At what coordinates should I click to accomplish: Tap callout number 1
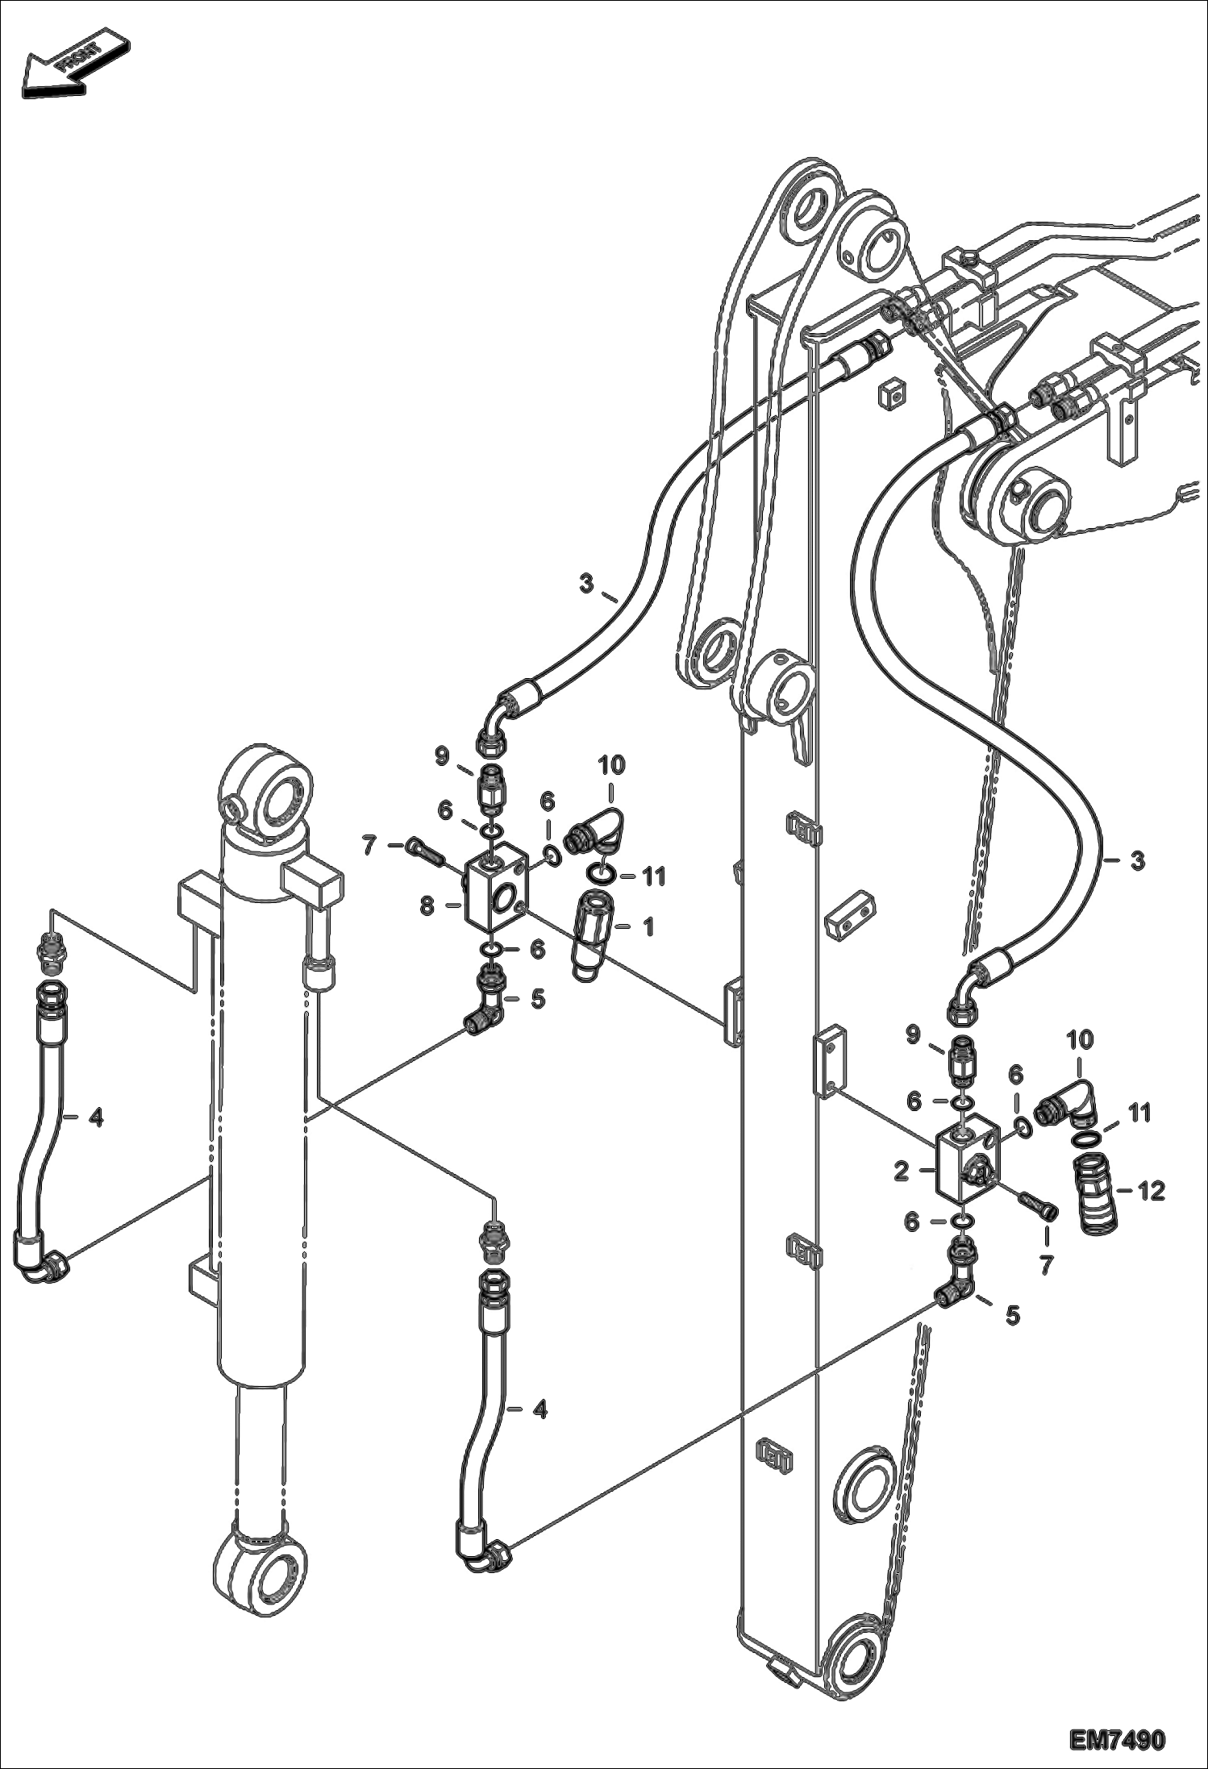(648, 926)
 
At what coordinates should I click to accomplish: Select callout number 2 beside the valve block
(902, 1172)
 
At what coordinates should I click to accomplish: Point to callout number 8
(427, 906)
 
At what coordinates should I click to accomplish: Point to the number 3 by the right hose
(1136, 861)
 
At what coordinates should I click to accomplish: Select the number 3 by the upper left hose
(586, 582)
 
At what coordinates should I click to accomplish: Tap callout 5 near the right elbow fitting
(1012, 1316)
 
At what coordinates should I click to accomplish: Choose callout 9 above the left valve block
(442, 755)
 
